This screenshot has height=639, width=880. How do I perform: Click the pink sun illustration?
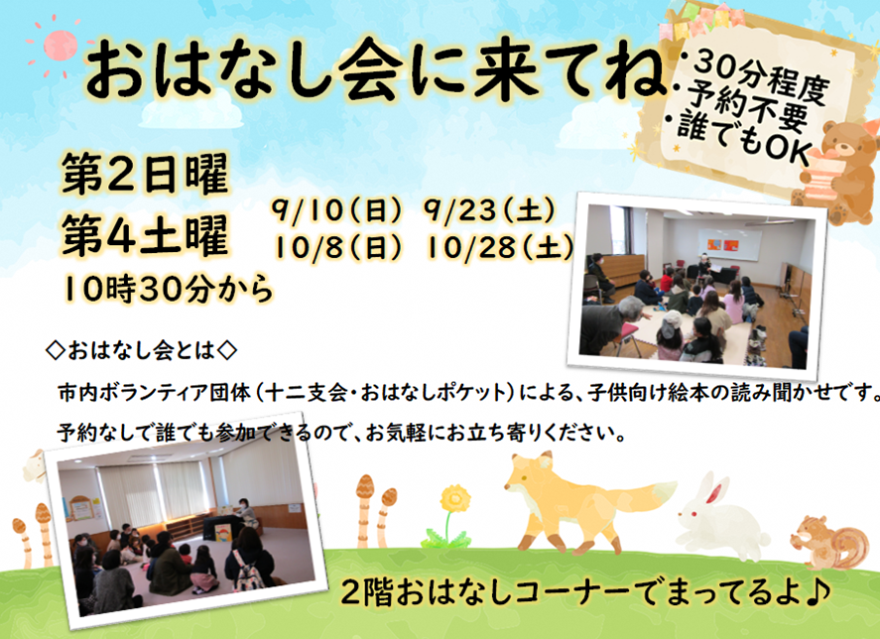(59, 47)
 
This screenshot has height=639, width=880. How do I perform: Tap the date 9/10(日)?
(338, 211)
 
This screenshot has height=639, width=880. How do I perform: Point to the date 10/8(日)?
(338, 247)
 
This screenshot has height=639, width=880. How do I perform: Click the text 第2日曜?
(146, 174)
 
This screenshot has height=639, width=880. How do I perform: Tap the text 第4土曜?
(146, 236)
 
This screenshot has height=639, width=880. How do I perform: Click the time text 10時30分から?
(169, 290)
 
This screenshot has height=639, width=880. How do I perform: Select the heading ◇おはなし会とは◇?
(142, 351)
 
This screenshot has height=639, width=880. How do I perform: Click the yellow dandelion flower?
(454, 498)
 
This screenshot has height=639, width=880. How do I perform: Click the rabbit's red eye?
(694, 514)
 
